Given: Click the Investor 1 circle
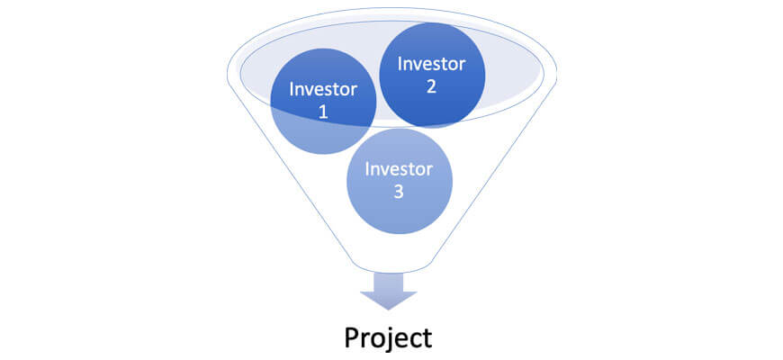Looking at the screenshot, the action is click(x=323, y=102).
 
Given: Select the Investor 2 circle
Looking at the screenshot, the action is click(x=432, y=75).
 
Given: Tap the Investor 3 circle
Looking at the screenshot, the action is click(x=400, y=181).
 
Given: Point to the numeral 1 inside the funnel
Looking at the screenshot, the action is click(x=323, y=112).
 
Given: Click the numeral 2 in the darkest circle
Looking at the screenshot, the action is click(x=431, y=85).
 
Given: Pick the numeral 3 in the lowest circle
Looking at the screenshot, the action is click(x=399, y=192).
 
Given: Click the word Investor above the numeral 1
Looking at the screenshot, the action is click(x=323, y=90).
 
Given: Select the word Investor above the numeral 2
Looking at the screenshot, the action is click(x=431, y=64).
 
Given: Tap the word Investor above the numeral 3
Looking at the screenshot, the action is click(x=399, y=170).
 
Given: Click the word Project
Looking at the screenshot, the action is click(x=388, y=338).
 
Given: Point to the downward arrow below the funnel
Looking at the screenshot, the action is click(x=389, y=291).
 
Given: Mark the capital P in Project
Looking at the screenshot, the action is click(x=352, y=337).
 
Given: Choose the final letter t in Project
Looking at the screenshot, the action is click(x=427, y=339).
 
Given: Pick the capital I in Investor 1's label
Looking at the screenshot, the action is click(x=291, y=89).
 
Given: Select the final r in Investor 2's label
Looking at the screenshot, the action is click(x=463, y=66).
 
